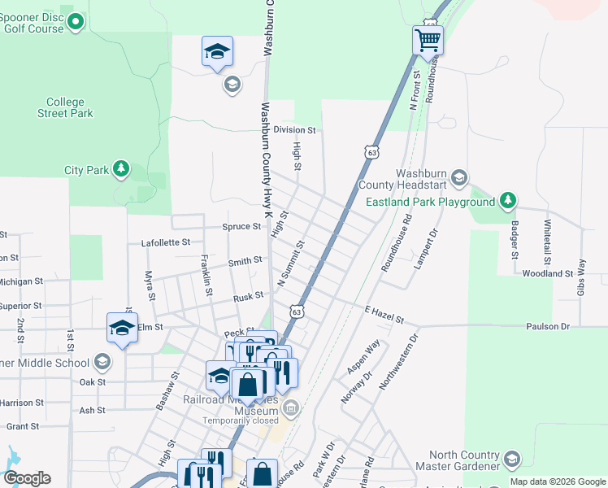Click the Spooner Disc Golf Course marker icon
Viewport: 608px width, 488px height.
point(76,22)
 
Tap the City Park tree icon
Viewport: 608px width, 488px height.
point(121,169)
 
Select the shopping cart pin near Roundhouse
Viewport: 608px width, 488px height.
point(428,39)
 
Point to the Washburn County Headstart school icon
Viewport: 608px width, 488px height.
point(458,178)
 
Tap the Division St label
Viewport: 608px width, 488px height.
point(293,129)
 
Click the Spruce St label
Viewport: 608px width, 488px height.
point(241,227)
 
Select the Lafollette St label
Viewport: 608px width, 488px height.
point(165,242)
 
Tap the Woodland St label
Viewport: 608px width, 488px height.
point(547,274)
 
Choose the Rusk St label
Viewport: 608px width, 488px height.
point(248,297)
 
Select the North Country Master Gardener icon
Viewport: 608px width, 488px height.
point(511,460)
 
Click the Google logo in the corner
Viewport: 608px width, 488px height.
point(27,478)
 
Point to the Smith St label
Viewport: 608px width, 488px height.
point(245,262)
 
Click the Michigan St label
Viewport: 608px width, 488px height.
point(21,281)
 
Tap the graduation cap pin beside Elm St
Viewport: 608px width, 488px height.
point(122,328)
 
